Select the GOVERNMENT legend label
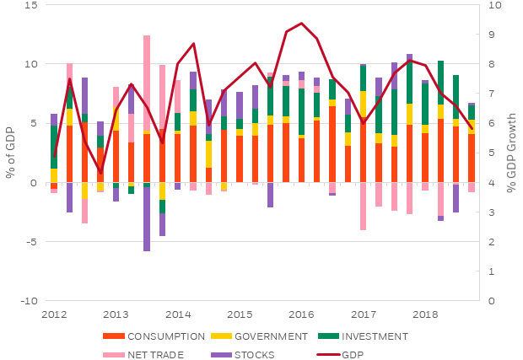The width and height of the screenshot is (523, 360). pos(270,336)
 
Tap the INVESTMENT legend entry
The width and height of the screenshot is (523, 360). pos(372,336)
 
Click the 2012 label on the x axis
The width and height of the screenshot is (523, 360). pos(54,314)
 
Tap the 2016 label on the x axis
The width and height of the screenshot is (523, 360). pos(301,314)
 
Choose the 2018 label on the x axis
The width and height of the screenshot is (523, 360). pos(425,314)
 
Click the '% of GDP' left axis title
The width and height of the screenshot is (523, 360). pos(9,153)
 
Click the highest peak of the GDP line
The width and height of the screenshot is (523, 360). pos(301,24)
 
